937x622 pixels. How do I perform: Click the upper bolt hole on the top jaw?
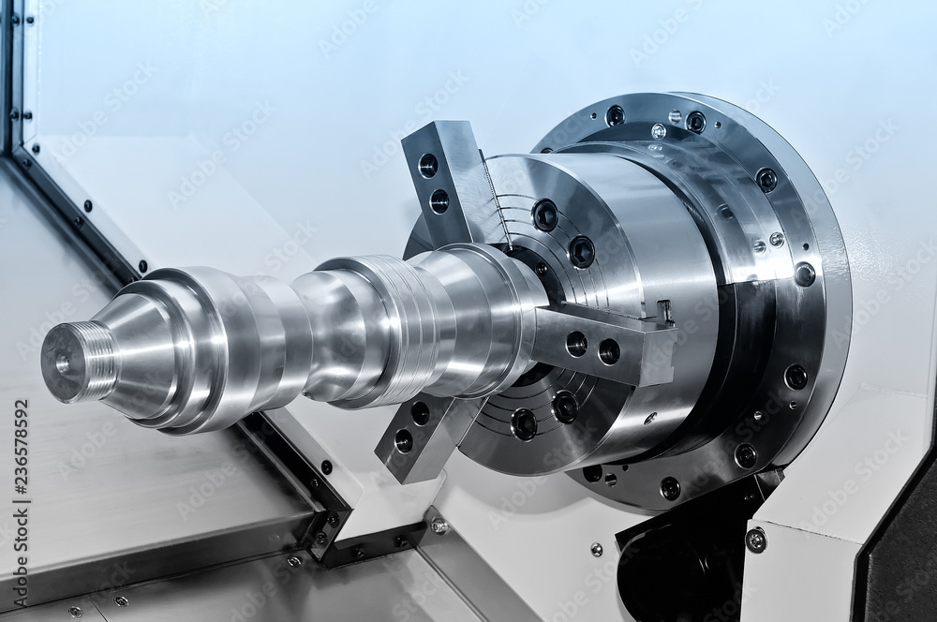(x=428, y=166)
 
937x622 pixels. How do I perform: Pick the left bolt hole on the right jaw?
(x=576, y=344)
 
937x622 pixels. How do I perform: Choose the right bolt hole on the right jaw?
(x=609, y=351)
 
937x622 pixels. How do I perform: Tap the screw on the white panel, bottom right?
(x=755, y=540)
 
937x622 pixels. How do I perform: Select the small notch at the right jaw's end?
(x=665, y=311)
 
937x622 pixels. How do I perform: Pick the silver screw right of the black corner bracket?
(x=438, y=526)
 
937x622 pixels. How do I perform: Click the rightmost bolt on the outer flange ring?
(x=804, y=274)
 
